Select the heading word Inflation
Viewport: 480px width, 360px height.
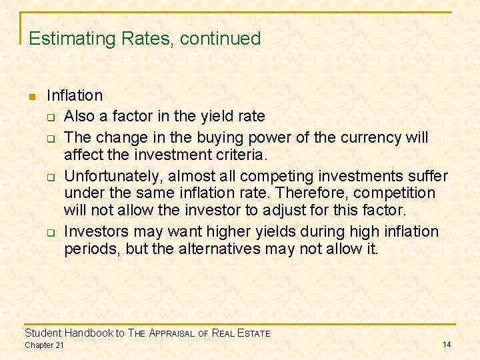(x=75, y=96)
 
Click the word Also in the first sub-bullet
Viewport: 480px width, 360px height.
(x=80, y=116)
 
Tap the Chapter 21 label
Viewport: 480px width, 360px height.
(x=44, y=345)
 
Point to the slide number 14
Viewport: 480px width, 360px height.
(x=447, y=344)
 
